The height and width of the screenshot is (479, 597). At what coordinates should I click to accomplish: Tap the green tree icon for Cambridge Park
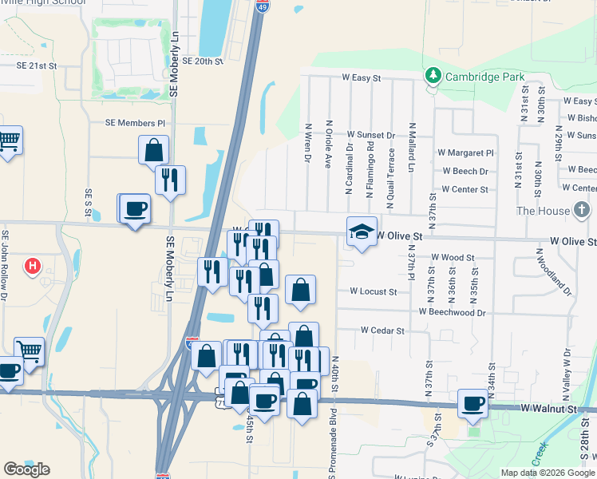point(433,76)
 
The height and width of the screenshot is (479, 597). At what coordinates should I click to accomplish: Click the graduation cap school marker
point(362,232)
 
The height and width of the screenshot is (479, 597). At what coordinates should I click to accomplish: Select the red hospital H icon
point(32,265)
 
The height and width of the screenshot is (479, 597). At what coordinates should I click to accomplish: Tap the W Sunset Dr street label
point(370,136)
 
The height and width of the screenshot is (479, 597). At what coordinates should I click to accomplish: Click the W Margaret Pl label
point(465,152)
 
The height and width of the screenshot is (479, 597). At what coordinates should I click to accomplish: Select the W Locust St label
point(373,292)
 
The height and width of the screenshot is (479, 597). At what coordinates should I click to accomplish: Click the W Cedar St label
point(382,330)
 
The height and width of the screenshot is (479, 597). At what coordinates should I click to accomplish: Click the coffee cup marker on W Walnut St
point(472,404)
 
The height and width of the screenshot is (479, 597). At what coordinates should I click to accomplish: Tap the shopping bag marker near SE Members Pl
point(153,149)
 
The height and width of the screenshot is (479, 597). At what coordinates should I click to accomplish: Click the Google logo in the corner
point(27,469)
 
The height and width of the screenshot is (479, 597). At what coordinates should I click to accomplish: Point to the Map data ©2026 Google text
point(547,473)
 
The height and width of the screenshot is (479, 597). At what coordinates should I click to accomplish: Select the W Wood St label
point(453,258)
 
